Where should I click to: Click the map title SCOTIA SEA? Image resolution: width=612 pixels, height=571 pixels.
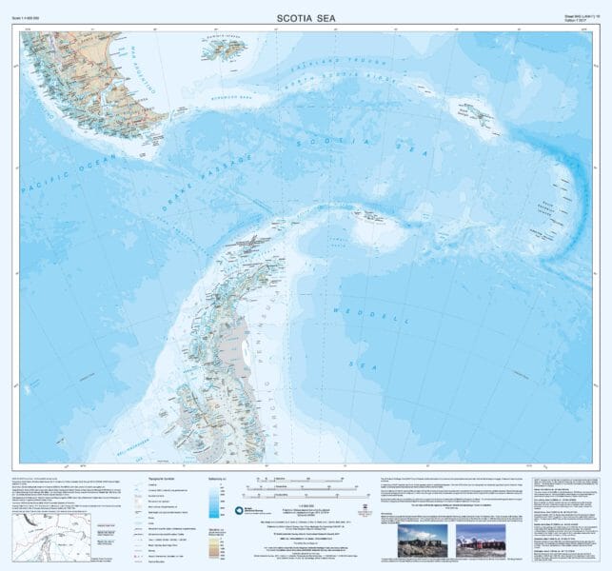click(x=305, y=16)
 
